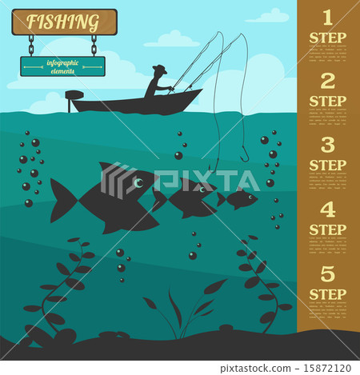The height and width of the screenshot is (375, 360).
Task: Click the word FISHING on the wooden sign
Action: pos(64,21)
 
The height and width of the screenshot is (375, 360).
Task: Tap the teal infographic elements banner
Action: pos(62,66)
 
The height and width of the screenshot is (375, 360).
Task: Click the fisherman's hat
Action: pos(159,70)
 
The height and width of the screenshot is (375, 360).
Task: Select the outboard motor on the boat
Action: pos(74,99)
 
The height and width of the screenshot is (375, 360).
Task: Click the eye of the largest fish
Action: pos(138,183)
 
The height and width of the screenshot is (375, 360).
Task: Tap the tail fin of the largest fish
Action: pos(62,201)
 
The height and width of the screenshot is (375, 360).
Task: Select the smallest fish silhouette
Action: pos(241,198)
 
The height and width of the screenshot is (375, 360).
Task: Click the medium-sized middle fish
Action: pos(186,199)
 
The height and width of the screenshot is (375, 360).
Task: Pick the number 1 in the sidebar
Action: pos(327,18)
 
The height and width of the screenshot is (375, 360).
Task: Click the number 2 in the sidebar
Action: pos(327,81)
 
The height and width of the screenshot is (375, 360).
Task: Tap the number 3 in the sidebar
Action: pos(327,145)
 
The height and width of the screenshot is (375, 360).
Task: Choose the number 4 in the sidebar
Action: pos(327,209)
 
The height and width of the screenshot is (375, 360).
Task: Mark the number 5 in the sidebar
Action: pos(327,273)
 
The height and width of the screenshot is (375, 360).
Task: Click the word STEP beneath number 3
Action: pos(327,166)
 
